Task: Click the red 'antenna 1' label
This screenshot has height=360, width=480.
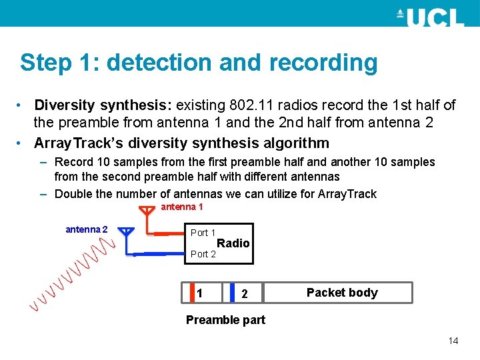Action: pyautogui.click(x=182, y=207)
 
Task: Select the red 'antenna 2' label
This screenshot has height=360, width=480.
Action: pyautogui.click(x=87, y=230)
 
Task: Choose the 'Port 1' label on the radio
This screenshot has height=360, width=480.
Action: pyautogui.click(x=203, y=233)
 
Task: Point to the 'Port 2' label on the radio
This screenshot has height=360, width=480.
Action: pyautogui.click(x=203, y=253)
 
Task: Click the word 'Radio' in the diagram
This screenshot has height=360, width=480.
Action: pyautogui.click(x=233, y=243)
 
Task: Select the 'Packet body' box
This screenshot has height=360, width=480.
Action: pyautogui.click(x=341, y=293)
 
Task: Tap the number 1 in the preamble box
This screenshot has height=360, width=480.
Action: pyautogui.click(x=199, y=293)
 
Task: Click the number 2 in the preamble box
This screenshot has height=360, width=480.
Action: pyautogui.click(x=245, y=293)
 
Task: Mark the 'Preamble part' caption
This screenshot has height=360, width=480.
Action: pyautogui.click(x=225, y=320)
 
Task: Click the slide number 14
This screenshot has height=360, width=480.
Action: pyautogui.click(x=453, y=341)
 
